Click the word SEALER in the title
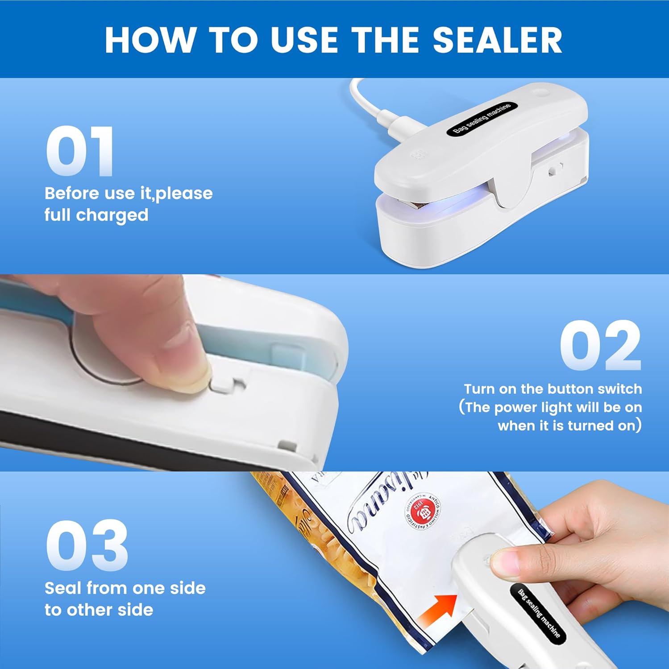pyautogui.click(x=497, y=41)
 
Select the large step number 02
pyautogui.click(x=600, y=346)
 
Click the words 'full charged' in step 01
pyautogui.click(x=96, y=215)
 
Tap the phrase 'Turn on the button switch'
pyautogui.click(x=553, y=389)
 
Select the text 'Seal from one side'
pyautogui.click(x=125, y=588)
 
